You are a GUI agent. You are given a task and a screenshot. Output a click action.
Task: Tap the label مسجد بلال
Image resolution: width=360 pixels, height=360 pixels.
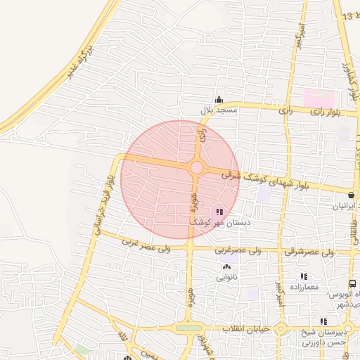pos(220,110)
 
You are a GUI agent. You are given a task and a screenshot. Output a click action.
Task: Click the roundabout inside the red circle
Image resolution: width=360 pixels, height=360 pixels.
pos(197,167)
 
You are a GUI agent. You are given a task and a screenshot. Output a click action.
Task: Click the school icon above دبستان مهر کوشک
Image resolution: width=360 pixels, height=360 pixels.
pos(219,210)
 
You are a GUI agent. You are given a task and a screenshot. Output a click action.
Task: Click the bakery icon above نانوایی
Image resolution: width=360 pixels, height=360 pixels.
pos(226,266)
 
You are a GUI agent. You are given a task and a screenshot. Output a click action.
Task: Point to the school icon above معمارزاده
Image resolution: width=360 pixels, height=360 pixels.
pos(304,276)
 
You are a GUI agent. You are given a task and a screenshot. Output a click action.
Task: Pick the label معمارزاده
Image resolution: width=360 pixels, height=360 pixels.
pos(303,288)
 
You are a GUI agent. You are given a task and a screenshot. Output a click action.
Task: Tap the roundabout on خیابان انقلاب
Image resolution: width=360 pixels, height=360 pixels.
pos(281,329)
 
